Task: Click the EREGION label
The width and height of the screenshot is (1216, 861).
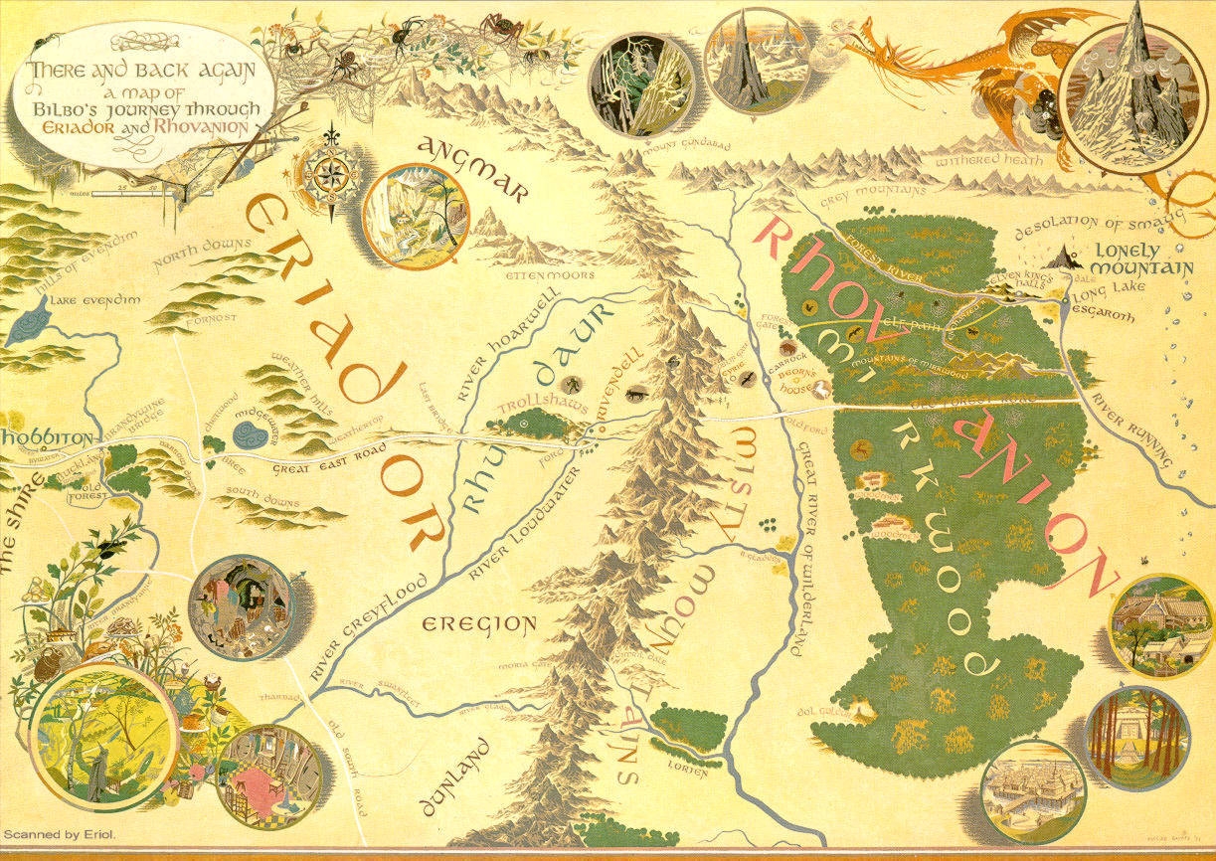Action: pyautogui.click(x=479, y=625)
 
